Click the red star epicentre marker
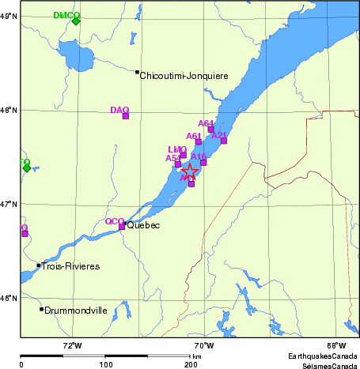coord(191,171)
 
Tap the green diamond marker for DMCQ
coord(76,21)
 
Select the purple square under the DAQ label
coord(125,116)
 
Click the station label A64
coord(206,123)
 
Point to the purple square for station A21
coord(224,141)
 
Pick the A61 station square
coord(199,142)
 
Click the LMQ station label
coord(177,149)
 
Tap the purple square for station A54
coord(178,164)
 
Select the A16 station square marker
coord(203,163)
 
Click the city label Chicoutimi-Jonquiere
coord(184,76)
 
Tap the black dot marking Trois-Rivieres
coord(38,265)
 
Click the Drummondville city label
coord(76,311)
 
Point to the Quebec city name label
coord(143,226)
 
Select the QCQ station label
coord(115,221)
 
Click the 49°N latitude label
coord(9,16)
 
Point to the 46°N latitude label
coord(9,298)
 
